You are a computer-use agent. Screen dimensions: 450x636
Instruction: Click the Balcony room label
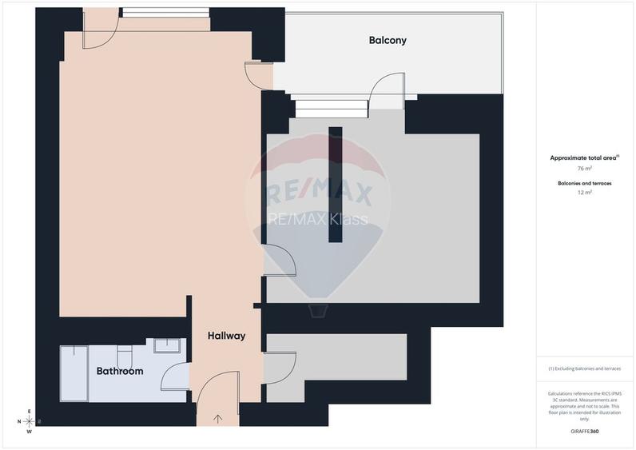388,40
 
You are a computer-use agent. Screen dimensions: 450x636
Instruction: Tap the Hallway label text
226,336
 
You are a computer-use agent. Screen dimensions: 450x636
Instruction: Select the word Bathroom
120,371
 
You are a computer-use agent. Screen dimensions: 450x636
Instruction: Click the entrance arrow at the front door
218,417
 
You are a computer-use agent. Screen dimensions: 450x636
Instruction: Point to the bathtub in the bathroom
74,374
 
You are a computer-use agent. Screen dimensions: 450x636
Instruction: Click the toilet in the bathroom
124,356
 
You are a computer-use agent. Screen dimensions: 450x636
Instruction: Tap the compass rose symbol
29,421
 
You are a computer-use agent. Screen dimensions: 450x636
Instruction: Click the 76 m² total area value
585,169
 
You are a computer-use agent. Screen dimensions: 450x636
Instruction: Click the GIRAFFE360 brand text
585,432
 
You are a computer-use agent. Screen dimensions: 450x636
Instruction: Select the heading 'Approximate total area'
583,157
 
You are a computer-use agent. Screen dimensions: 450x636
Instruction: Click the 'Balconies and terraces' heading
585,183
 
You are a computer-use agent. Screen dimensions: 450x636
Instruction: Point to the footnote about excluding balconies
585,368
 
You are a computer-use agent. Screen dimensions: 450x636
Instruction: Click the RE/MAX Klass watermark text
318,218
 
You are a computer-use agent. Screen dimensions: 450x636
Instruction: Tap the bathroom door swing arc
173,376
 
